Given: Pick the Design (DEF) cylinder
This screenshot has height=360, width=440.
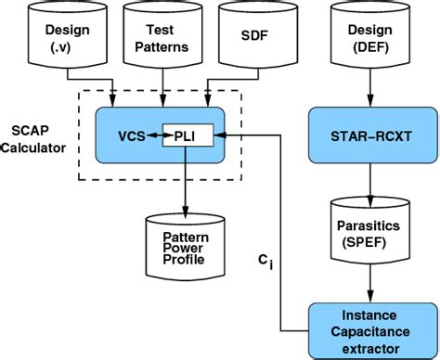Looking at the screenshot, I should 370,36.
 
